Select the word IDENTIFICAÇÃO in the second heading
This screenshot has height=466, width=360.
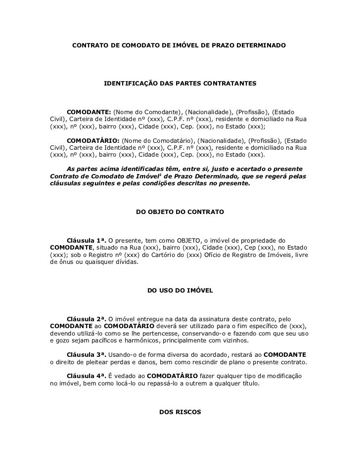(128, 85)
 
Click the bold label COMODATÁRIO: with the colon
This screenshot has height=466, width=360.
(92, 140)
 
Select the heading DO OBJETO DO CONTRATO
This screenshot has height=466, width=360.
(180, 212)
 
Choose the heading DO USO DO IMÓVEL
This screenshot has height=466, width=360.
(180, 291)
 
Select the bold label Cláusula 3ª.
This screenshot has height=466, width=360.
(86, 354)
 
